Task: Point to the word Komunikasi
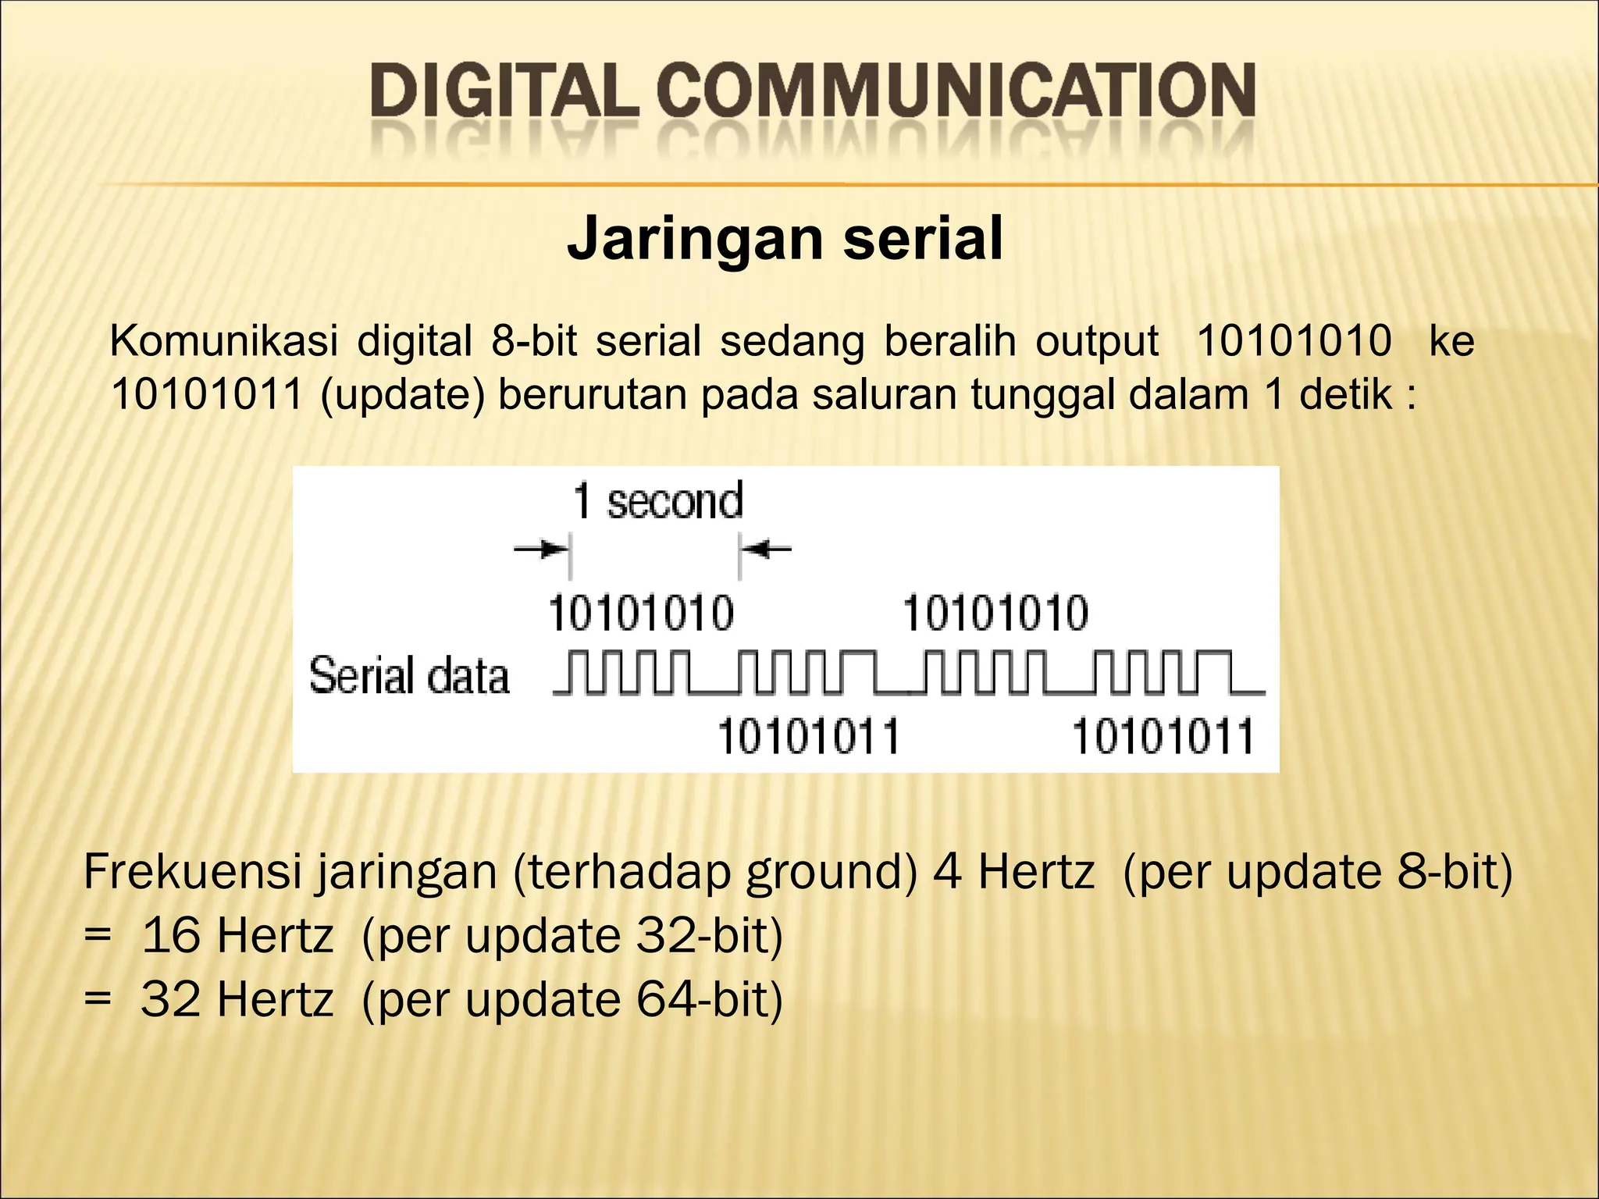pyautogui.click(x=224, y=342)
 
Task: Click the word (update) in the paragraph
pyautogui.click(x=403, y=394)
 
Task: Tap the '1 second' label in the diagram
pyautogui.click(x=657, y=501)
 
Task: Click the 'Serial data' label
pyautogui.click(x=409, y=676)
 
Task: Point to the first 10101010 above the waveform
pyautogui.click(x=641, y=613)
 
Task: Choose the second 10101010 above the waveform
pyautogui.click(x=995, y=613)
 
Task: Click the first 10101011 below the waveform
pyautogui.click(x=808, y=736)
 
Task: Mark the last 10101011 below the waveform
pyautogui.click(x=1163, y=736)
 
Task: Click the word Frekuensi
pyautogui.click(x=192, y=872)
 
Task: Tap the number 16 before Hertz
pyautogui.click(x=171, y=935)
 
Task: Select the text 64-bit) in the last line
pyautogui.click(x=709, y=999)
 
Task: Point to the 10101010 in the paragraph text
pyautogui.click(x=1294, y=342)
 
